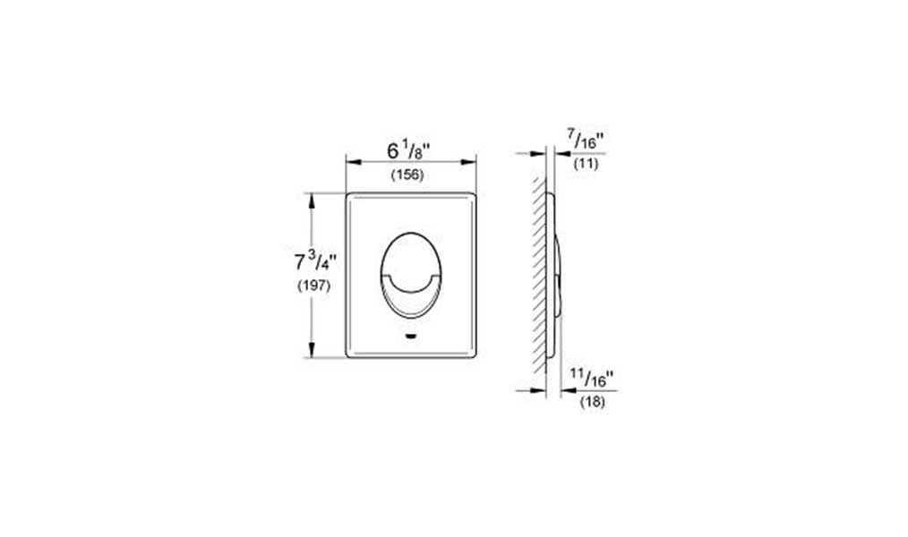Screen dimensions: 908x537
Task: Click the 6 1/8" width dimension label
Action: point(409,152)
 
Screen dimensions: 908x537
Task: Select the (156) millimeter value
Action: point(407,175)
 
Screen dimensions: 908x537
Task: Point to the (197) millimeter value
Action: point(314,286)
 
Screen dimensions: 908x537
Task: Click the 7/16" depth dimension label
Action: point(586,140)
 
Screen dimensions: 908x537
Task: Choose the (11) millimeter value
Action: point(586,164)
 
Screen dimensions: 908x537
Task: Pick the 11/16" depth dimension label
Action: point(591,378)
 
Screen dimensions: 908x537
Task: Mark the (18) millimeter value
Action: point(592,402)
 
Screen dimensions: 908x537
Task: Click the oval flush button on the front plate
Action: point(411,276)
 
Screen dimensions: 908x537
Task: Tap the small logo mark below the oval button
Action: point(411,336)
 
